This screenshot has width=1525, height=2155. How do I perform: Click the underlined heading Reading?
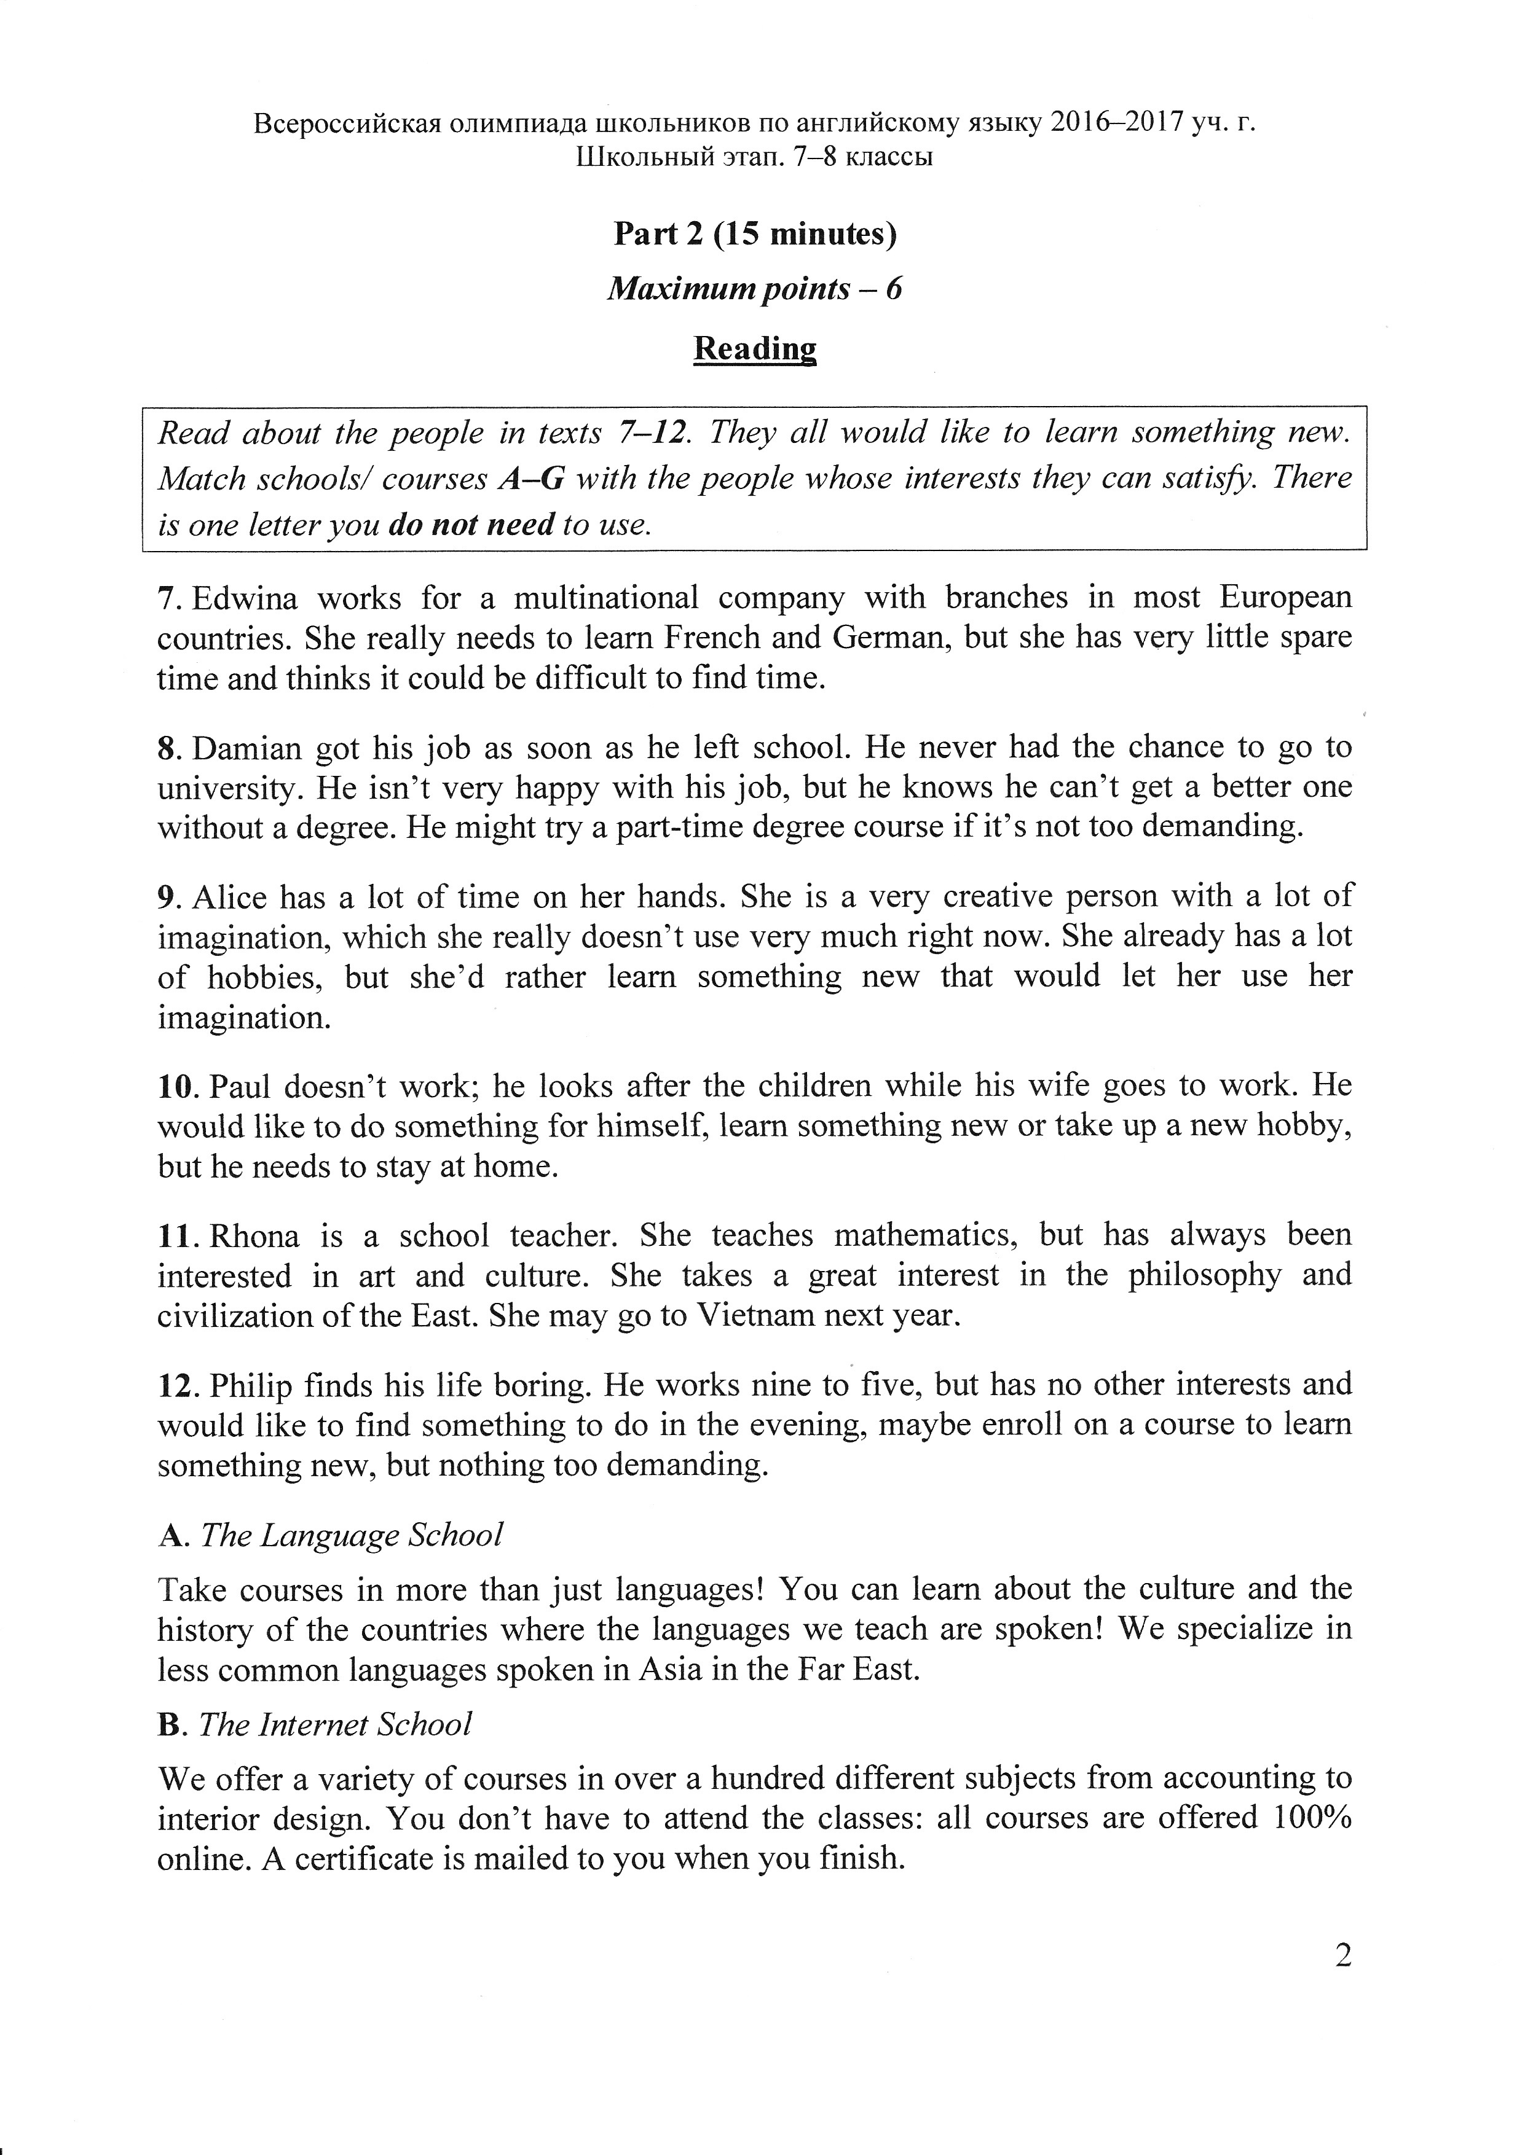pos(755,348)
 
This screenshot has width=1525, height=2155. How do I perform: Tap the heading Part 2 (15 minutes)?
pos(755,233)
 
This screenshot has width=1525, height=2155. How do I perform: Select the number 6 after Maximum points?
pos(893,288)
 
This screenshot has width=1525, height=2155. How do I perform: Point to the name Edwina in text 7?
pos(244,598)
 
